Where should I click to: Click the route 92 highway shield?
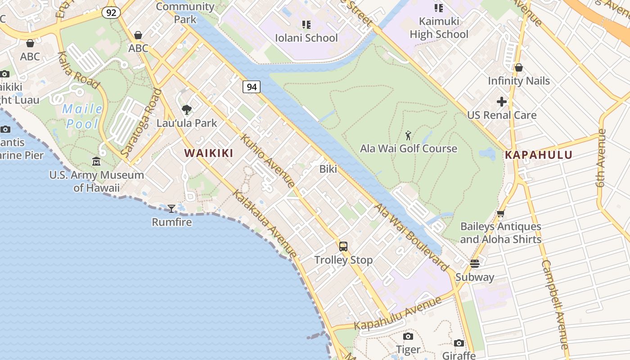pyautogui.click(x=111, y=13)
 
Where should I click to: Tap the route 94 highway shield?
pyautogui.click(x=252, y=87)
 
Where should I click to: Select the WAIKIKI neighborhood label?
pyautogui.click(x=209, y=153)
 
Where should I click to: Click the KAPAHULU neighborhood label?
pyautogui.click(x=539, y=155)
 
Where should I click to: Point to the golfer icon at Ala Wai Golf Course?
pyautogui.click(x=408, y=135)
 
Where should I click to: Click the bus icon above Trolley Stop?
pyautogui.click(x=343, y=247)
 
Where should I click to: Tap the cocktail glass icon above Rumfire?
pyautogui.click(x=171, y=208)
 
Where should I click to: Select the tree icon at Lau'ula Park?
pyautogui.click(x=186, y=109)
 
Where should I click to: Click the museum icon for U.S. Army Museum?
pyautogui.click(x=96, y=161)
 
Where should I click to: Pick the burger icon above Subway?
pyautogui.click(x=475, y=264)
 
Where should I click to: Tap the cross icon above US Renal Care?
pyautogui.click(x=502, y=102)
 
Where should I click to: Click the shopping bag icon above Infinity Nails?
pyautogui.click(x=519, y=67)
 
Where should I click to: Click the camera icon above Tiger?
pyautogui.click(x=408, y=336)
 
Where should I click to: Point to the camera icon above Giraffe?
pyautogui.click(x=459, y=343)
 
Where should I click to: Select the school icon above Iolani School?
pyautogui.click(x=306, y=24)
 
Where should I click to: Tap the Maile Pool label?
pyautogui.click(x=83, y=116)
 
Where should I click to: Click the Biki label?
pyautogui.click(x=328, y=169)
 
